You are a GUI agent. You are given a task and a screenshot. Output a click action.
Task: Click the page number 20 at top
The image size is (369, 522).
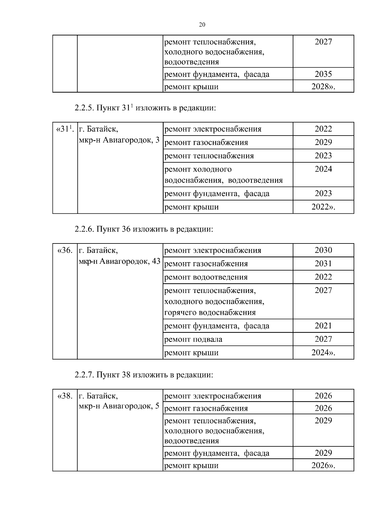202,25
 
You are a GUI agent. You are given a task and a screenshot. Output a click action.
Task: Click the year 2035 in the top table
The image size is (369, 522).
323,74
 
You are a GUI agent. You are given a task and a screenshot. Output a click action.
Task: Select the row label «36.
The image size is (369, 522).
65,250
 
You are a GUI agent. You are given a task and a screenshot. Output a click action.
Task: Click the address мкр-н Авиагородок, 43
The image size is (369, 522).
120,261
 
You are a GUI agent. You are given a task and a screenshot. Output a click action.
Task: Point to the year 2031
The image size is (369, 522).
323,263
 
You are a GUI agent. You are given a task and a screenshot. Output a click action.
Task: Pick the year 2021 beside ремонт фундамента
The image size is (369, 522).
323,326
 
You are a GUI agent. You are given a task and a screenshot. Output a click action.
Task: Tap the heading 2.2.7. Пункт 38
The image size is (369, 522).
144,375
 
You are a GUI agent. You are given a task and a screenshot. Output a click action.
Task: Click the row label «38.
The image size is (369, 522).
65,396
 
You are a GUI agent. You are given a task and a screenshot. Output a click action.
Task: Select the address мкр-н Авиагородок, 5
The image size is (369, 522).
119,406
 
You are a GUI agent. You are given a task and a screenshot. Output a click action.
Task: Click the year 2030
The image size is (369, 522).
323,250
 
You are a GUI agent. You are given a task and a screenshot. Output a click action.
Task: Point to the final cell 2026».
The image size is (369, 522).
323,465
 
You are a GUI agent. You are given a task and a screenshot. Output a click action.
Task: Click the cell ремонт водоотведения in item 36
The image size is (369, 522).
206,277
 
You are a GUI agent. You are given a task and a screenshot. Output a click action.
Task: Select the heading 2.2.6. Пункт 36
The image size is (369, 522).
144,229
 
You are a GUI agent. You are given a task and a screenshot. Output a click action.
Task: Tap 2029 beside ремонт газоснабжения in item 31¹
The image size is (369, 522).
323,142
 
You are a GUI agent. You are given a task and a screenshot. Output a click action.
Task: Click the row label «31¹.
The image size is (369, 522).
65,129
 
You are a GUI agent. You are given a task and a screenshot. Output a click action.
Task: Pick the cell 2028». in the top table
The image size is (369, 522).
323,86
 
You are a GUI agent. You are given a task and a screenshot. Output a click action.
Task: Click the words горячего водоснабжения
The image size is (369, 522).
210,313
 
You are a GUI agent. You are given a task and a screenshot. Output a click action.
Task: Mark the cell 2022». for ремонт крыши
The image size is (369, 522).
323,207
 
